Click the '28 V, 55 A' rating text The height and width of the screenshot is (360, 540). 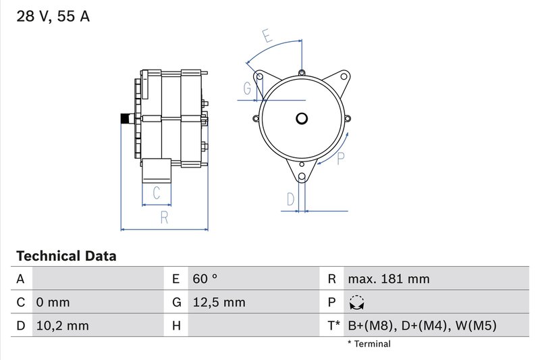(x=53, y=17)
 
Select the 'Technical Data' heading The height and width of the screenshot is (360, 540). (x=66, y=256)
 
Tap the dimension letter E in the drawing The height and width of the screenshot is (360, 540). (x=268, y=37)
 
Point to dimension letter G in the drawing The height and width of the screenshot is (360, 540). (x=247, y=88)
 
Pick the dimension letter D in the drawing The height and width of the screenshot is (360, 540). (x=290, y=199)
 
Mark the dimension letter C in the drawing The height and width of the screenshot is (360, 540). (x=157, y=193)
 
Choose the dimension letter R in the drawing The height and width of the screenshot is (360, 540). (x=164, y=217)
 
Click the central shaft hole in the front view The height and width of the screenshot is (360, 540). (x=302, y=119)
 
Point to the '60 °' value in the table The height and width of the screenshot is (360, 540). (x=205, y=279)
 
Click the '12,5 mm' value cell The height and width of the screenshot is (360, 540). (x=219, y=303)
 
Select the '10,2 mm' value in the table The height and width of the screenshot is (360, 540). (x=61, y=326)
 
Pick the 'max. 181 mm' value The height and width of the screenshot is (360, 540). (x=388, y=279)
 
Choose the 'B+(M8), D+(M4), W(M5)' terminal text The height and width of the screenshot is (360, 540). (x=422, y=326)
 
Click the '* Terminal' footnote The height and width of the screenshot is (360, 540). (x=369, y=344)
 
